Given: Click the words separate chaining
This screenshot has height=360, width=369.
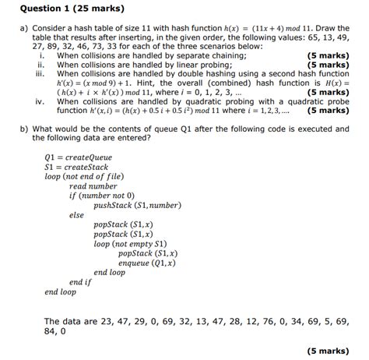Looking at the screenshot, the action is pos(216,56).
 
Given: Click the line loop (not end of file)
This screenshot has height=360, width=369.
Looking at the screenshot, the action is pos(86,176).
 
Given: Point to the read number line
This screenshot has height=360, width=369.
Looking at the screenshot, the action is pos(93,186).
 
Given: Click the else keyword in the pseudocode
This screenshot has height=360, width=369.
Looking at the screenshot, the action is pos(76,214).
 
